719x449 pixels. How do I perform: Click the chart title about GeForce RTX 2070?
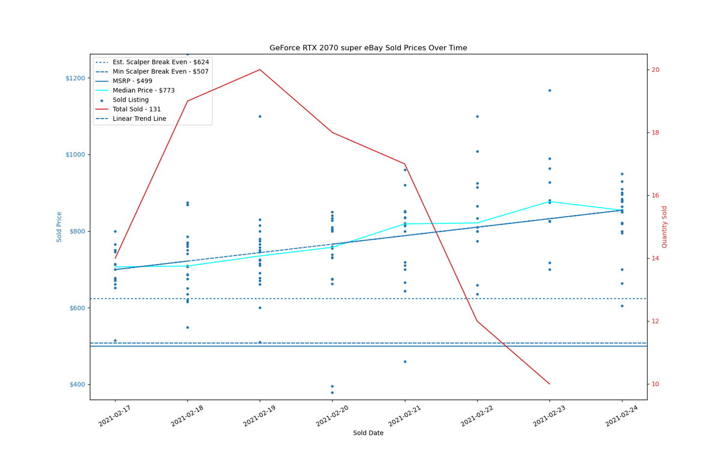[368, 48]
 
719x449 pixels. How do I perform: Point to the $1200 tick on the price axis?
[75, 78]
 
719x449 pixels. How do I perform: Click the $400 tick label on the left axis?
[77, 384]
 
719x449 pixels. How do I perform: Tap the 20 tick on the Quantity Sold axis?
[655, 70]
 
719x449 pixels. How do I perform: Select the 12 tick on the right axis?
[655, 321]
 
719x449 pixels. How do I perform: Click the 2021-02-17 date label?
[114, 415]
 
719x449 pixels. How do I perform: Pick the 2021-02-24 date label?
[622, 415]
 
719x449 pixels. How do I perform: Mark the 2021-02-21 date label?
[404, 415]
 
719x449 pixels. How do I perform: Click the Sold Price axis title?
[59, 227]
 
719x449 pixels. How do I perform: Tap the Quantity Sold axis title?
[664, 227]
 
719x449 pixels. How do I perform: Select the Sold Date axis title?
[368, 433]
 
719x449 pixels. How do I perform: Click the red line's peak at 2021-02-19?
[260, 69]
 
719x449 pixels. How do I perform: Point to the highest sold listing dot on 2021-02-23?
[549, 90]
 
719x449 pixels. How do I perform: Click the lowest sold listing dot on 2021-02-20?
[332, 393]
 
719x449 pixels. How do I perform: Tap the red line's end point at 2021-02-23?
[549, 384]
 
